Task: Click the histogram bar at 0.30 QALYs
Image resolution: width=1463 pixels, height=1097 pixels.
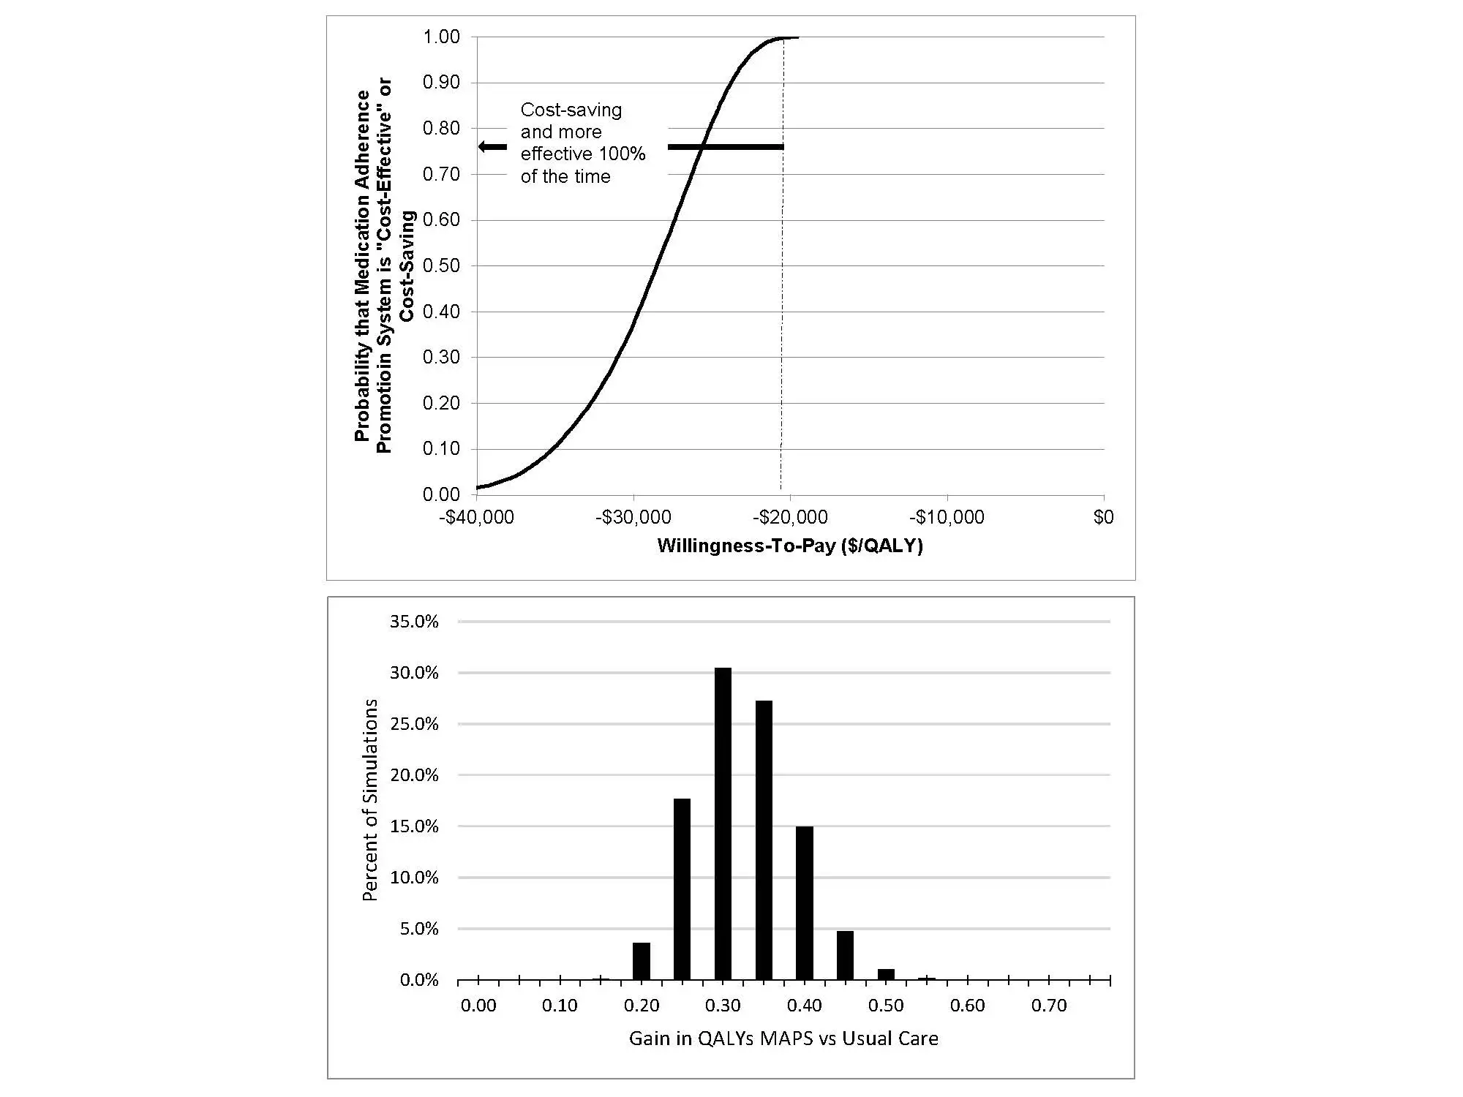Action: (x=723, y=823)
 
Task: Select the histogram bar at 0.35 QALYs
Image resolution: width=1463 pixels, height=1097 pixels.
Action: (x=763, y=840)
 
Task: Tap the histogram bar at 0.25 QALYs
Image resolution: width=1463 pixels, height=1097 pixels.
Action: (x=682, y=889)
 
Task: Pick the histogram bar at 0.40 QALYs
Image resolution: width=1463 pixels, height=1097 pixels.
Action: (x=804, y=902)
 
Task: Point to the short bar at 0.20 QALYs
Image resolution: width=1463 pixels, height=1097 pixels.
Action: (x=642, y=961)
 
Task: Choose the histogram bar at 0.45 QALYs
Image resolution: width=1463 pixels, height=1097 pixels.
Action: (x=845, y=955)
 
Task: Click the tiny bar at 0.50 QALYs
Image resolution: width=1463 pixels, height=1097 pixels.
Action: (x=886, y=974)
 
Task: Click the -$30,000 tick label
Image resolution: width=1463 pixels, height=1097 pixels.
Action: (x=633, y=518)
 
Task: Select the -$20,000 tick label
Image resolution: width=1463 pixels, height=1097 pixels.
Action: (x=790, y=518)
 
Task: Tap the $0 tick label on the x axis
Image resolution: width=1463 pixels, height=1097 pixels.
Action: (x=1103, y=518)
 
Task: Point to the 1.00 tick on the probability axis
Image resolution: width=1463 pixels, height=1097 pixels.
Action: (x=441, y=37)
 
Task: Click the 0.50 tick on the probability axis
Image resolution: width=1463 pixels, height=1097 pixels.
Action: (x=441, y=265)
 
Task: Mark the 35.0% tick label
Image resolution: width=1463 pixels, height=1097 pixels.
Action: (x=414, y=622)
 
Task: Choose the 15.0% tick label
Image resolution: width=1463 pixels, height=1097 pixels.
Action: (x=414, y=826)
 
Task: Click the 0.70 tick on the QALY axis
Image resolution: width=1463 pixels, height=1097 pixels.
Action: (x=1049, y=1006)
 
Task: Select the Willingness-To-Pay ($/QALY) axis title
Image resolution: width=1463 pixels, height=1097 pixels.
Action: (x=790, y=546)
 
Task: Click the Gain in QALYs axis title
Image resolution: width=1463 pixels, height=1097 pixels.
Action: (x=783, y=1038)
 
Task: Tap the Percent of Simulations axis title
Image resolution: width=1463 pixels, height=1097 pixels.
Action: (x=371, y=799)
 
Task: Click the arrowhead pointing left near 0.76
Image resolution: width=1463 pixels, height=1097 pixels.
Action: (x=484, y=147)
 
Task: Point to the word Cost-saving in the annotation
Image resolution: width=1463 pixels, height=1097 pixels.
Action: (x=571, y=110)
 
